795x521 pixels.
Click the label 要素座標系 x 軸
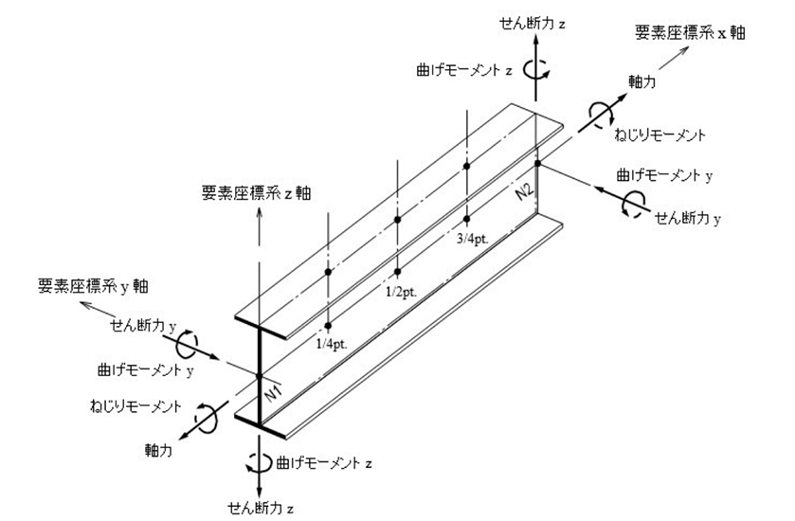(x=692, y=32)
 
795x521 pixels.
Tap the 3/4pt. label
(x=470, y=241)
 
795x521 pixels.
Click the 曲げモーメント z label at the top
(x=477, y=68)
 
